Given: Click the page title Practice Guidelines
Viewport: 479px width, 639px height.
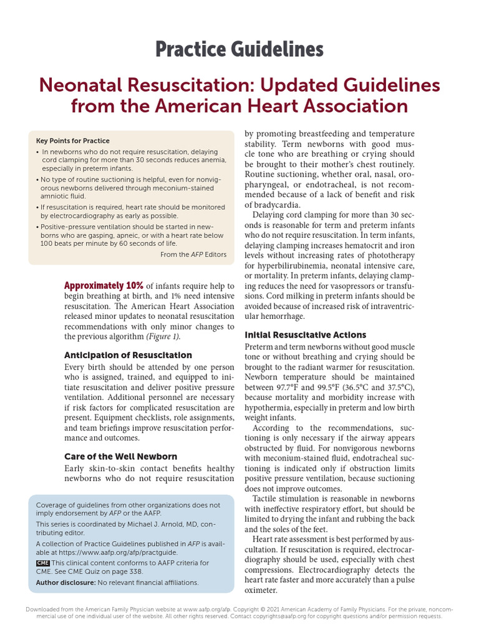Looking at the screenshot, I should tap(239, 49).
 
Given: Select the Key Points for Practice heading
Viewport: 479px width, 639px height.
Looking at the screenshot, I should tap(72, 141).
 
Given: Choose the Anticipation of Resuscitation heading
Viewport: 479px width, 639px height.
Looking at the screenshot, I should tap(128, 355).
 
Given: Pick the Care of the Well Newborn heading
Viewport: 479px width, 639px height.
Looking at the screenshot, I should tap(120, 456).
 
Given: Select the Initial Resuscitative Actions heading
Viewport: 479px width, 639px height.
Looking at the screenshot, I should tap(305, 334).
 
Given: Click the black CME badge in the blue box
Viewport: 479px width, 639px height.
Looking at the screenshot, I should tap(42, 563).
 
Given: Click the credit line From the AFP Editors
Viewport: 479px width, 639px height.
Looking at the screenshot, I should tap(193, 255).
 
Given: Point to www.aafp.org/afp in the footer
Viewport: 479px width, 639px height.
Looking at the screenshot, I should tap(216, 609).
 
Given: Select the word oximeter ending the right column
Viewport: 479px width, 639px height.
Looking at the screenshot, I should tap(261, 590).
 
